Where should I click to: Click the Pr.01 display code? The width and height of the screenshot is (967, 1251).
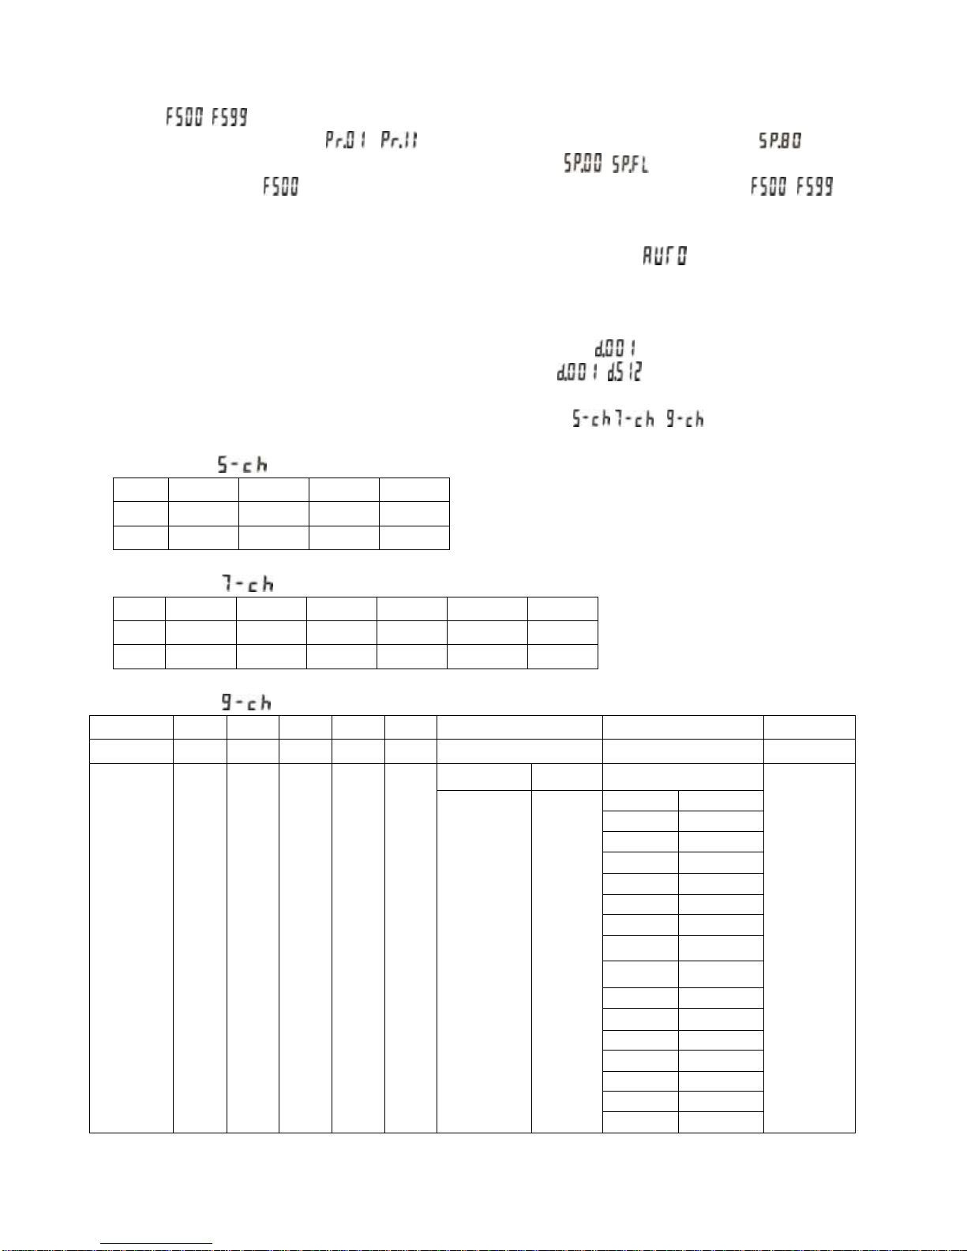coord(346,140)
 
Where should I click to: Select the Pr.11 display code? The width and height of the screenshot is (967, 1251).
coord(399,140)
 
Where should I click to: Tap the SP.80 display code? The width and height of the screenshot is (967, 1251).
coord(780,140)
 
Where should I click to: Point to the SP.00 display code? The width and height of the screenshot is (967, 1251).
coord(583,163)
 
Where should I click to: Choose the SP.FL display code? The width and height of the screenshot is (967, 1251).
coord(630,163)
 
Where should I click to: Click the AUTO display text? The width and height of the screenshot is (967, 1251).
coord(664,256)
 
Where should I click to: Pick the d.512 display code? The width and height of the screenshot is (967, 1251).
coord(624,372)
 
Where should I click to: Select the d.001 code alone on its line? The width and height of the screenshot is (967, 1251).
coord(616,348)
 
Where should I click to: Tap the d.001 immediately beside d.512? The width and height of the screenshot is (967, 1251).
coord(577,372)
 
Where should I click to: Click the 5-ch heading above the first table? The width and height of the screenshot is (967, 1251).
coord(242,464)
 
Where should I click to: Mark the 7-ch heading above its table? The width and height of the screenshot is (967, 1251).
coord(247,584)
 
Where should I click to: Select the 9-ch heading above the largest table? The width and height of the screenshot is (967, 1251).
coord(246,702)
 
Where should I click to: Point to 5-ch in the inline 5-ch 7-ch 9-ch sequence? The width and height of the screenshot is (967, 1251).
coord(591,419)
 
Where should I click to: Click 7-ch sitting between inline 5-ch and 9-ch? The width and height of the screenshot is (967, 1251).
coord(635,419)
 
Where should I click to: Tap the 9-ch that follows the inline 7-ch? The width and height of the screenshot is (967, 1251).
coord(684,419)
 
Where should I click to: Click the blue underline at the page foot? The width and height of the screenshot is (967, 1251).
coord(156,1244)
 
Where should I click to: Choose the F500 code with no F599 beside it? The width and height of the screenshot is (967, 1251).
coord(281,186)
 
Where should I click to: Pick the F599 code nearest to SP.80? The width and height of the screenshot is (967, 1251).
coord(815,186)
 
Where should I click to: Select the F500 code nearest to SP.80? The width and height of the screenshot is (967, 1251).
coord(769,186)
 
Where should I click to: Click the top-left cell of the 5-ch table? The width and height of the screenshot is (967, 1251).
coord(141,489)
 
